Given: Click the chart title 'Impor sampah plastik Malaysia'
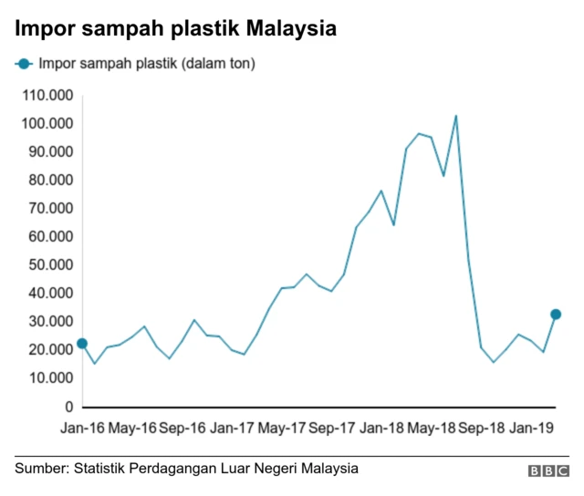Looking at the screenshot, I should pos(175,28).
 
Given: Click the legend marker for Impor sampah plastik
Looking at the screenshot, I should pos(23,64).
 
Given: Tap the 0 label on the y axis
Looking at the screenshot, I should pos(70,407).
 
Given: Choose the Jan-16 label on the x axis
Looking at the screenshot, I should pos(81,427).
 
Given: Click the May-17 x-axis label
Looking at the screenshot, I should pos(282,427).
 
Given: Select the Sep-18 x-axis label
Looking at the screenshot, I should pos(481,427).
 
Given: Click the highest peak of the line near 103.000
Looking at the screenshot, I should pos(455,116).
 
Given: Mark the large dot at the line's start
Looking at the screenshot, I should pos(82,344).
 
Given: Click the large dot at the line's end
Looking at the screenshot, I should pos(556,315).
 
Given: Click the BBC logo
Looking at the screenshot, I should pos(549,471).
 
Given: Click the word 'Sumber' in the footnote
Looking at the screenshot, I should pos(39,469).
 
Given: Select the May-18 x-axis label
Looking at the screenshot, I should pos(432,427).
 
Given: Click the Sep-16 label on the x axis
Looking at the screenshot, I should pos(182,427).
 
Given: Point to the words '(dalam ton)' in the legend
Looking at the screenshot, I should pos(220,64).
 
